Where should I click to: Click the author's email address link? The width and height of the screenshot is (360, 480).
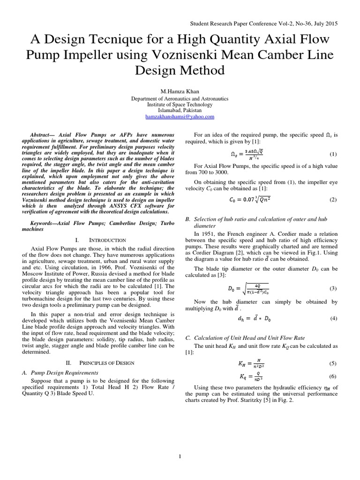(180, 117)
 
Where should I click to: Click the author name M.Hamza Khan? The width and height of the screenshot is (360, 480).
(180, 92)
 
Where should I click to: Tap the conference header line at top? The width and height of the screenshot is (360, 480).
(263, 23)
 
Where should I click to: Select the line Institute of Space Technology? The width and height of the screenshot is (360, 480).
(180, 105)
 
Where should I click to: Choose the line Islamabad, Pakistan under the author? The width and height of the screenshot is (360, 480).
(180, 111)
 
